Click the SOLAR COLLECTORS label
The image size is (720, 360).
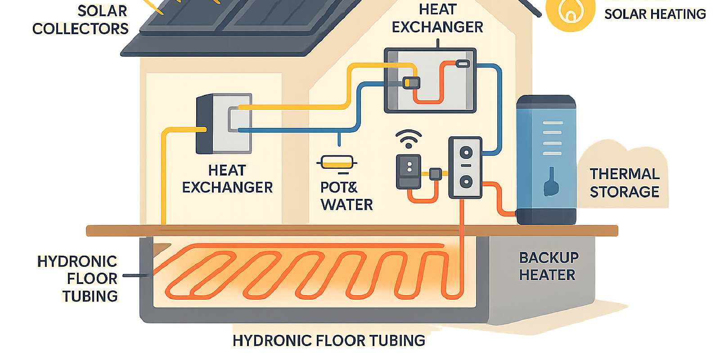tap(81, 20)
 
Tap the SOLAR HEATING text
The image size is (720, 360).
tap(655, 14)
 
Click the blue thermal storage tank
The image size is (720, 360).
tap(546, 160)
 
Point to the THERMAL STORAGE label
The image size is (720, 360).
tap(624, 183)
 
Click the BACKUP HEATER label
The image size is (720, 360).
tap(548, 266)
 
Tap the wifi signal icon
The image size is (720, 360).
tap(408, 138)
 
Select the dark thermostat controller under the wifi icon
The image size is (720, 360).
tap(409, 171)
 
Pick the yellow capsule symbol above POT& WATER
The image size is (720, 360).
tap(337, 162)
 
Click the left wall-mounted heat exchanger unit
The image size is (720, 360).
tap(224, 124)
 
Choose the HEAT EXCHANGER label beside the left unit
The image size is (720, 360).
tap(227, 179)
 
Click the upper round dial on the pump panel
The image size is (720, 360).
tap(466, 152)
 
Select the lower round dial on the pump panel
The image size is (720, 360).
tap(466, 182)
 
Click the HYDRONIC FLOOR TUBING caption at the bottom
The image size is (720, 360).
tap(328, 341)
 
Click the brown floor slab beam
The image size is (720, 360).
tap(351, 231)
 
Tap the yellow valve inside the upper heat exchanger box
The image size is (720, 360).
tap(411, 82)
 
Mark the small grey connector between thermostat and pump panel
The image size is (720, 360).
tap(435, 174)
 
